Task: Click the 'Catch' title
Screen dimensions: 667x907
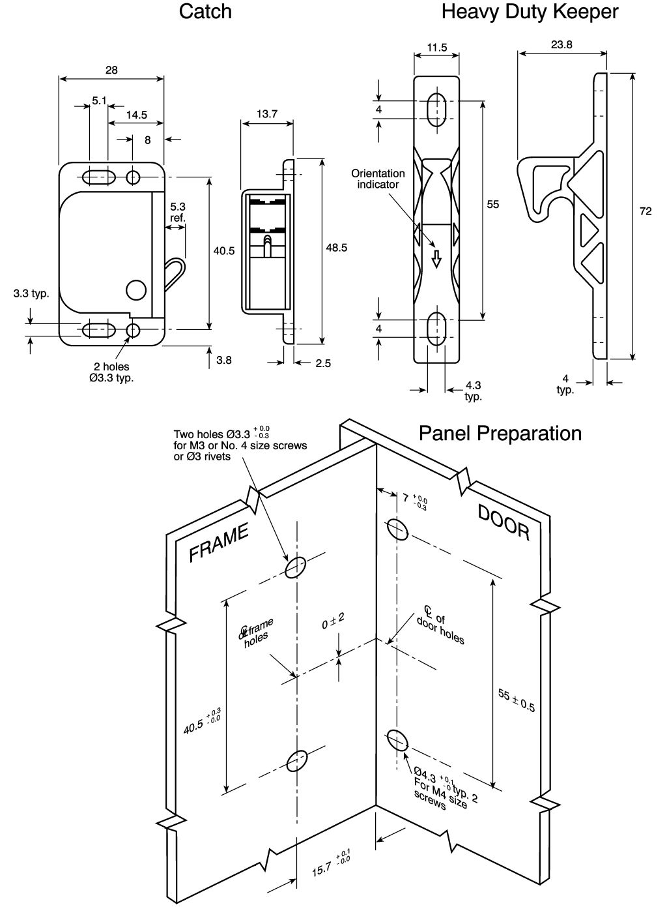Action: tap(205, 11)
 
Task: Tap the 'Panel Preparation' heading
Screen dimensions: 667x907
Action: tap(500, 433)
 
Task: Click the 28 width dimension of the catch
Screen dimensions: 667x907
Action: tap(111, 70)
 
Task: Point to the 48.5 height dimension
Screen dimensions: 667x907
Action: tap(337, 247)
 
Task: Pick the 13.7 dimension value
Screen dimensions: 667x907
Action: tap(267, 113)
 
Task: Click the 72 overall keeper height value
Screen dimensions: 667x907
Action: tap(646, 211)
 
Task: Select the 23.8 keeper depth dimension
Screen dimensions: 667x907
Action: tap(561, 44)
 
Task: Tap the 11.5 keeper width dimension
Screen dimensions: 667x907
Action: tap(437, 48)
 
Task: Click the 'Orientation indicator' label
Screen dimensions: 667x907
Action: tap(378, 179)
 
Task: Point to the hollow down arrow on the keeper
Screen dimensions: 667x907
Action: tap(436, 259)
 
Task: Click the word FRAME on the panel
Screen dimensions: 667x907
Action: tap(219, 543)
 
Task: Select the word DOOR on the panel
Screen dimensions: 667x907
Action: tap(504, 523)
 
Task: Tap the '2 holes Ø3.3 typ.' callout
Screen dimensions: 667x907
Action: tap(111, 372)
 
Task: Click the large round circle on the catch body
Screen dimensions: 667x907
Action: tap(136, 290)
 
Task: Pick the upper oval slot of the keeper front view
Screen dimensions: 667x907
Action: tap(436, 110)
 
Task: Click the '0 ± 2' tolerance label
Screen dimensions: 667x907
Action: tap(333, 621)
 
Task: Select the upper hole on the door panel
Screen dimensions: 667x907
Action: tap(397, 529)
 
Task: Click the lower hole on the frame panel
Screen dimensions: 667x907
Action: tap(297, 761)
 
